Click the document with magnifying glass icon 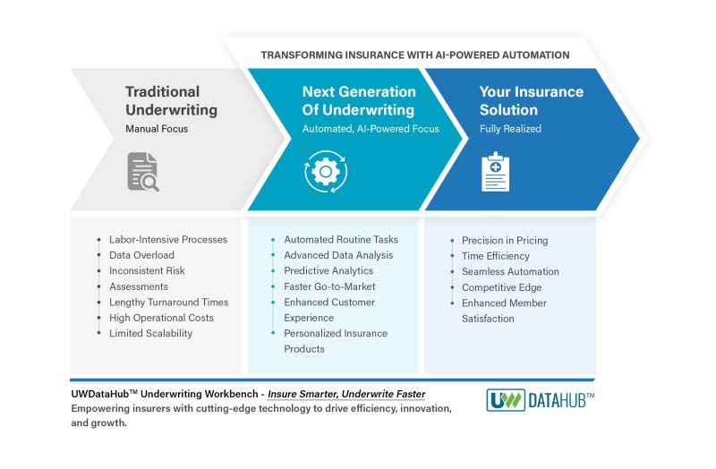pos(143,172)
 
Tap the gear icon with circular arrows pos(326,172)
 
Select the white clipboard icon pos(496,172)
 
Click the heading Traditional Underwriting pos(171,100)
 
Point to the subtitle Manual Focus pos(157,129)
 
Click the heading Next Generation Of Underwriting pos(359,100)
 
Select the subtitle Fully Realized pos(510,129)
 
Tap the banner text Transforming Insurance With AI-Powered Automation pos(415,55)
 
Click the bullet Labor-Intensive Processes pos(168,240)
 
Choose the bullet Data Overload pos(141,255)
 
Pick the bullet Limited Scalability pos(150,333)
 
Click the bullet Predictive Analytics pos(328,271)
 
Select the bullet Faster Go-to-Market pos(329,286)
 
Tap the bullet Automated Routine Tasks pos(341,240)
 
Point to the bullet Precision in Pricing pos(505,241)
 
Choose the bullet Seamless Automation pos(510,272)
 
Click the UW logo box pos(506,400)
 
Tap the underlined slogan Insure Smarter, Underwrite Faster pos(346,394)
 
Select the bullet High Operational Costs pos(161,318)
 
